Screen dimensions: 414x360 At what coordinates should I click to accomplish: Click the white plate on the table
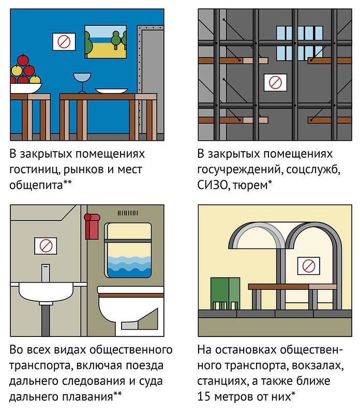click(x=112, y=91)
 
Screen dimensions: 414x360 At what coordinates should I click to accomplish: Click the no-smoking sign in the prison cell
click(x=276, y=81)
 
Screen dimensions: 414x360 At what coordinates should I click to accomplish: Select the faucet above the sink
click(x=46, y=272)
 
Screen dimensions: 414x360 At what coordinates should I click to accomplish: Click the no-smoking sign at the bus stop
click(x=309, y=266)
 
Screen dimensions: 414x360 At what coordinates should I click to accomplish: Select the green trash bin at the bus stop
click(x=224, y=293)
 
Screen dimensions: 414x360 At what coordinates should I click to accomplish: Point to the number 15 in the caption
click(x=204, y=397)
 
